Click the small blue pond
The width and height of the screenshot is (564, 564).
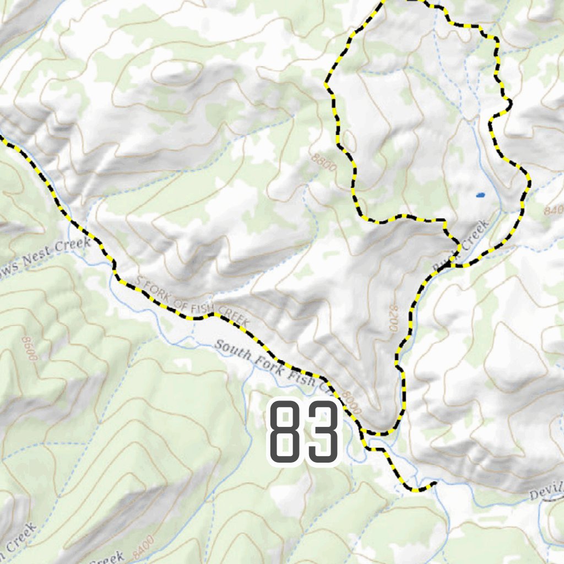[x=480, y=195]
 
